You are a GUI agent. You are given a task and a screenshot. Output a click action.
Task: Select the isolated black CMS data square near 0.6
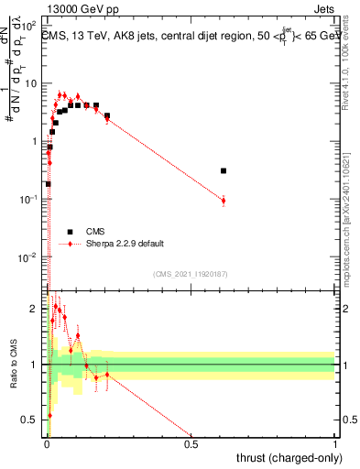coord(224,170)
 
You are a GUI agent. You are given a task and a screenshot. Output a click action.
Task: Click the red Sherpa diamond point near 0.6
coord(224,200)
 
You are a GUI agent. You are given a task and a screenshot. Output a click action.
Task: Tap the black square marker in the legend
coord(70,231)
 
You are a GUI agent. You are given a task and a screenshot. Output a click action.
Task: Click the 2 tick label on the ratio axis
coord(36,309)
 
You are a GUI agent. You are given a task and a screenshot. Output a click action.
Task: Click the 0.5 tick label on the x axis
coord(191,445)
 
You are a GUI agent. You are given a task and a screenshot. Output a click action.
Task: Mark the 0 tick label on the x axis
coord(47,445)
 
